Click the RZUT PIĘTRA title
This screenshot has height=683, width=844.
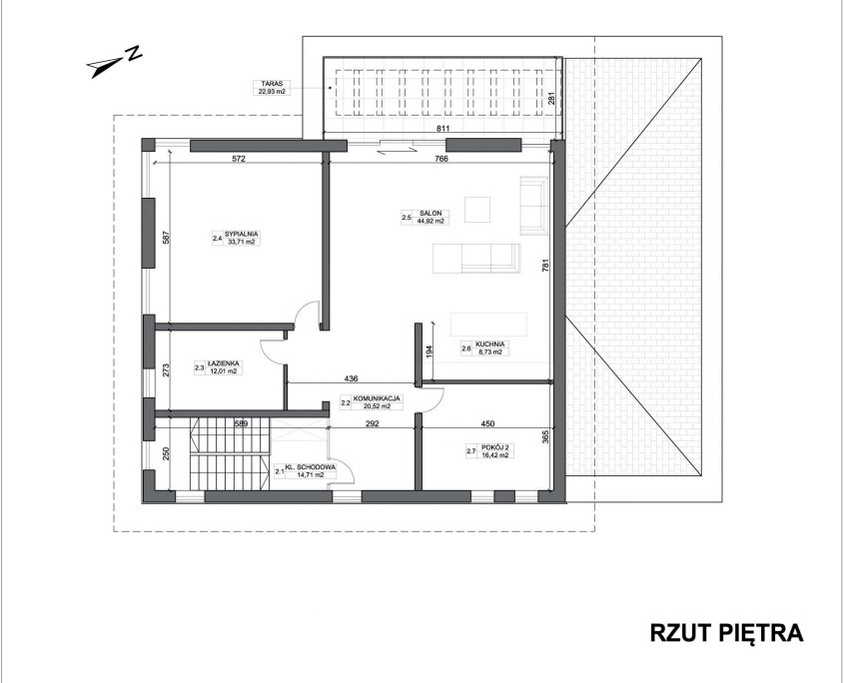pos(727,633)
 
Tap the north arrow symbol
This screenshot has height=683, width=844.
pos(115,62)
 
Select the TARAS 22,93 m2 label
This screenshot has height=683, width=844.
pos(269,88)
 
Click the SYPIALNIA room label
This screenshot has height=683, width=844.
pos(236,238)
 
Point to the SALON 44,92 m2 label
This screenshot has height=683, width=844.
pos(424,217)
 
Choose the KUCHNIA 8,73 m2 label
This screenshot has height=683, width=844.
pos(484,347)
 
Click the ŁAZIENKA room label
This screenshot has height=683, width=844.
pos(218,367)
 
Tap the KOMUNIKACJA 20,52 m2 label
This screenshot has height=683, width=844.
pos(372,402)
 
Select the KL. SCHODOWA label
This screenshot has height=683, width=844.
pos(306,471)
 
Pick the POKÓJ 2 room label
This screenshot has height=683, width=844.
pos(487,450)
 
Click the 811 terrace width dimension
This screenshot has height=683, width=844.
pos(442,129)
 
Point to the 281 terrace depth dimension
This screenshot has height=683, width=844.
pos(551,100)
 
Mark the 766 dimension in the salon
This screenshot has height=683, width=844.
pos(441,158)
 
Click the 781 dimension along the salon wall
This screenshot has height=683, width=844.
pos(544,267)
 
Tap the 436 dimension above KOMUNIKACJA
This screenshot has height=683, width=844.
pos(351,378)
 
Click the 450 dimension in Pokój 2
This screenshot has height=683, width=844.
pos(487,423)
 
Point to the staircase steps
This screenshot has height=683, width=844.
pos(229,453)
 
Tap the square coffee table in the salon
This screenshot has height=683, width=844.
pos(477,210)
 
